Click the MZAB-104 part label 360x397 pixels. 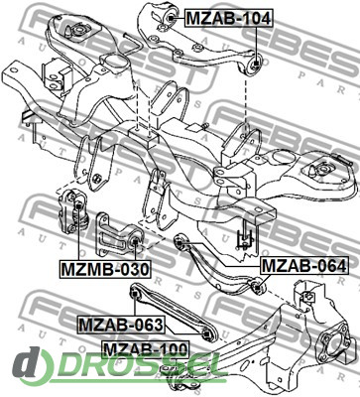pos(229,18)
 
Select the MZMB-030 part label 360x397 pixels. pos(105,269)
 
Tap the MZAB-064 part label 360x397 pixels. pos(304,265)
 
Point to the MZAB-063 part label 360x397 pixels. pos(121,325)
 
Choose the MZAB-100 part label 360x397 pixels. pos(146,349)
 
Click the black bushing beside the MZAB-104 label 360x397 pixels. pos(171,18)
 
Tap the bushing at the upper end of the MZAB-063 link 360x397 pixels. pos(135,294)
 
